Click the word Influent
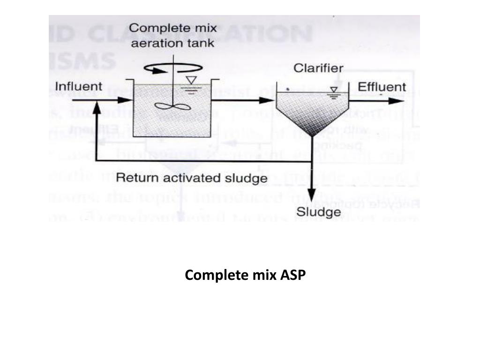click(78, 87)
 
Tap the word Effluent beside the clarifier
click(382, 87)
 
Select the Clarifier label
click(318, 68)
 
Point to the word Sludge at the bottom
click(319, 212)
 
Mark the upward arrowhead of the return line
click(97, 107)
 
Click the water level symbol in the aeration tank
click(190, 82)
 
